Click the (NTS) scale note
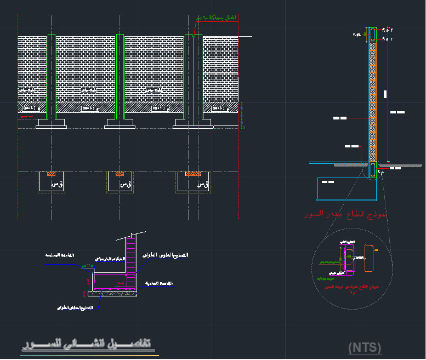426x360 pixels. [365, 347]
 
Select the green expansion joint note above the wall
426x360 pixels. [217, 18]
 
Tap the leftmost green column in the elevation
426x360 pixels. [52, 77]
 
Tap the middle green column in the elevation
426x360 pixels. [120, 77]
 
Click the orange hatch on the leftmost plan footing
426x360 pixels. [51, 174]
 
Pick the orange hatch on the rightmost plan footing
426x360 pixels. [192, 174]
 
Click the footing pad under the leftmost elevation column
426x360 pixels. [52, 124]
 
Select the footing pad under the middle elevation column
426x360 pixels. [120, 124]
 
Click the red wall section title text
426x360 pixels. [346, 214]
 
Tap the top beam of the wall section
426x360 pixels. [372, 34]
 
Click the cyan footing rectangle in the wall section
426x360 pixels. [347, 188]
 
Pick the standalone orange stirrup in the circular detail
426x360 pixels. [370, 258]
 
